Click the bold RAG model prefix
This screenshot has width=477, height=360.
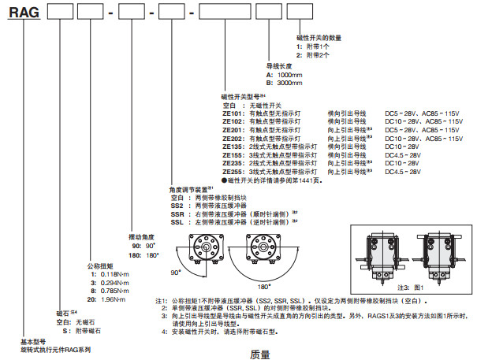(x=22, y=13)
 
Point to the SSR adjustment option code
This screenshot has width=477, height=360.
(x=177, y=212)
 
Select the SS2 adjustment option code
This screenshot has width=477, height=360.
(x=177, y=204)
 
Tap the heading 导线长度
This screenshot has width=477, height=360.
(x=279, y=66)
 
